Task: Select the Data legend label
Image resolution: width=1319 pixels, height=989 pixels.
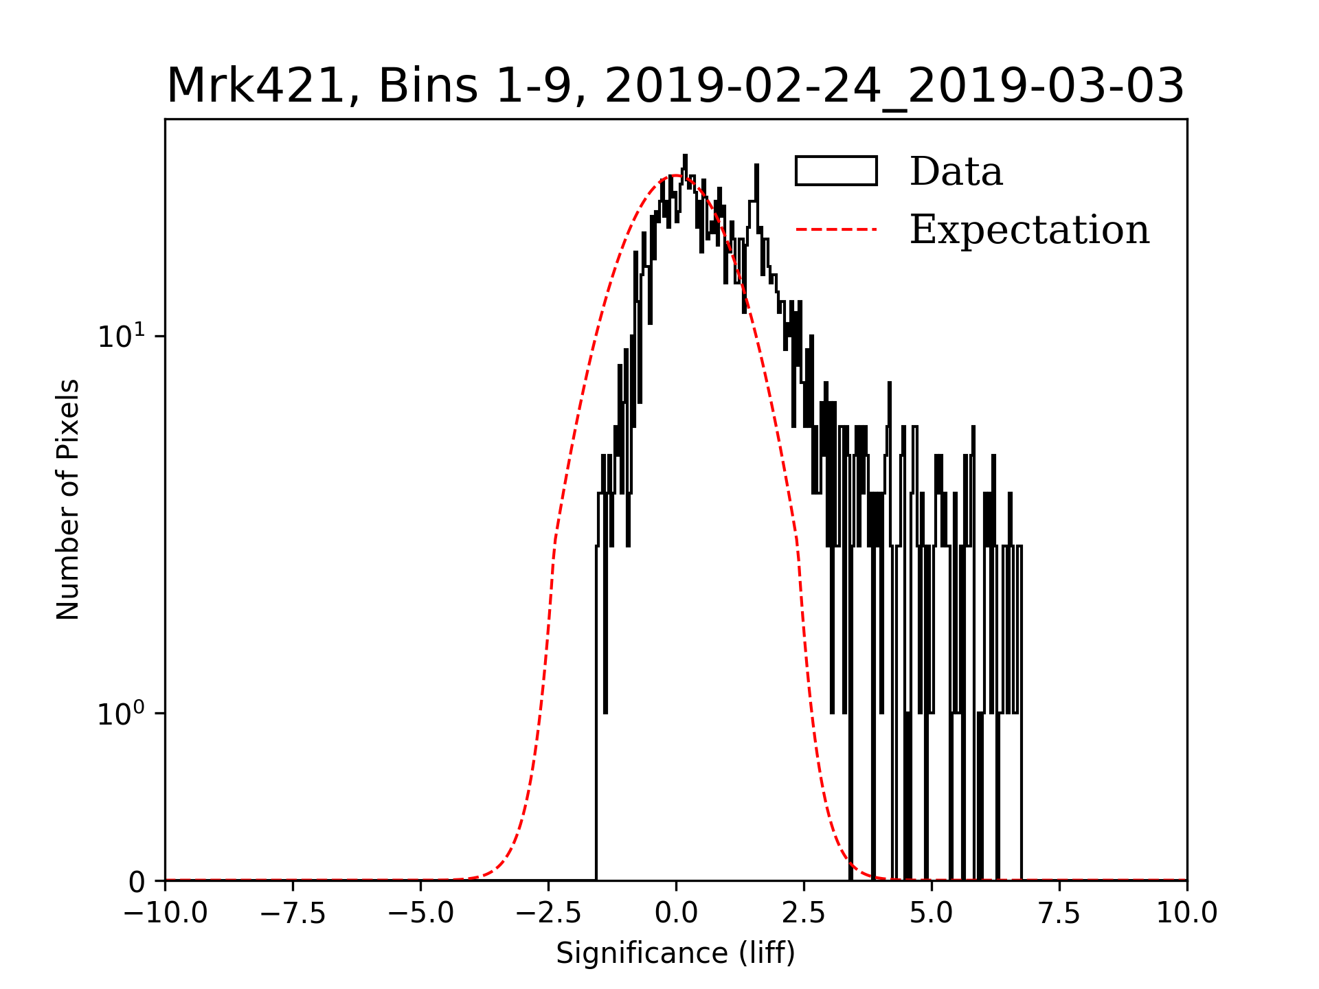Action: pyautogui.click(x=956, y=172)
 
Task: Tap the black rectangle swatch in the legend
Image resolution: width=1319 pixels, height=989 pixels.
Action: pyautogui.click(x=836, y=171)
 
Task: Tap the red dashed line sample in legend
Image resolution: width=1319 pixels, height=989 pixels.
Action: pyautogui.click(x=836, y=229)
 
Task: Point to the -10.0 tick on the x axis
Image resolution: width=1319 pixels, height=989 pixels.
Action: pyautogui.click(x=166, y=913)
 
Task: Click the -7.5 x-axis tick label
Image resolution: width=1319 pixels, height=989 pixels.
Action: pyautogui.click(x=293, y=913)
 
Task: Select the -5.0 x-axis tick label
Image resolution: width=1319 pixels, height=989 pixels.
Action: pyautogui.click(x=421, y=913)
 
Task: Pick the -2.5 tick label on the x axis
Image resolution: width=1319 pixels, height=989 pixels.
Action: pyautogui.click(x=549, y=913)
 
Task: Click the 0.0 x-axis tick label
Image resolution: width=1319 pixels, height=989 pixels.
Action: pyautogui.click(x=676, y=913)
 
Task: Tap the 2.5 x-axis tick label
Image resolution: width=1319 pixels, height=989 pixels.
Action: pyautogui.click(x=804, y=913)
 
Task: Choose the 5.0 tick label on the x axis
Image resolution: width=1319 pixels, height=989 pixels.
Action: pyautogui.click(x=932, y=913)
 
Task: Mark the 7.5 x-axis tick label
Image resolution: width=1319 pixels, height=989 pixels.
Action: pyautogui.click(x=1059, y=913)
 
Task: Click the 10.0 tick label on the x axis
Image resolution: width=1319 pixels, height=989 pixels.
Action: pyautogui.click(x=1186, y=913)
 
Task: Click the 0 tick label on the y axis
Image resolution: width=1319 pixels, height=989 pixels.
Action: pyautogui.click(x=137, y=883)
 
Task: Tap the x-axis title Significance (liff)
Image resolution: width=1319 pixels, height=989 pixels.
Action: pyautogui.click(x=676, y=953)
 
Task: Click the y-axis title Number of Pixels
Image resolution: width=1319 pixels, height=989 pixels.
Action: pyautogui.click(x=68, y=499)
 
